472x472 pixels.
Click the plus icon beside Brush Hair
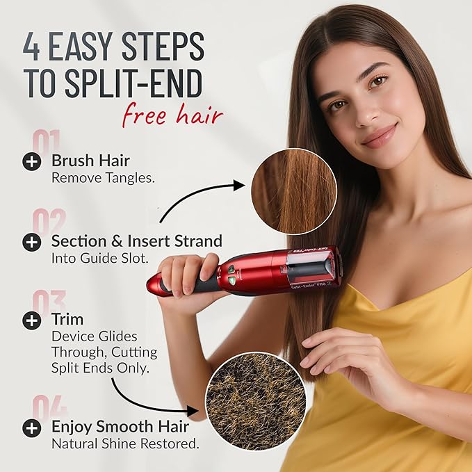point(31,162)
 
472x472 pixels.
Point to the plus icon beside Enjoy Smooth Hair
point(31,428)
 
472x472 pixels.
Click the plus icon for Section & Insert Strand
point(31,242)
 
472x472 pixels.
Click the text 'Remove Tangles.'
point(103,177)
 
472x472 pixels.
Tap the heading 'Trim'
point(67,319)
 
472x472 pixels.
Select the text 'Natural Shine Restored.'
point(125,443)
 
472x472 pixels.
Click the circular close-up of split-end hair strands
point(293,190)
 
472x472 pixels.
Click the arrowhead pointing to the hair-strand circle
point(239,185)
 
